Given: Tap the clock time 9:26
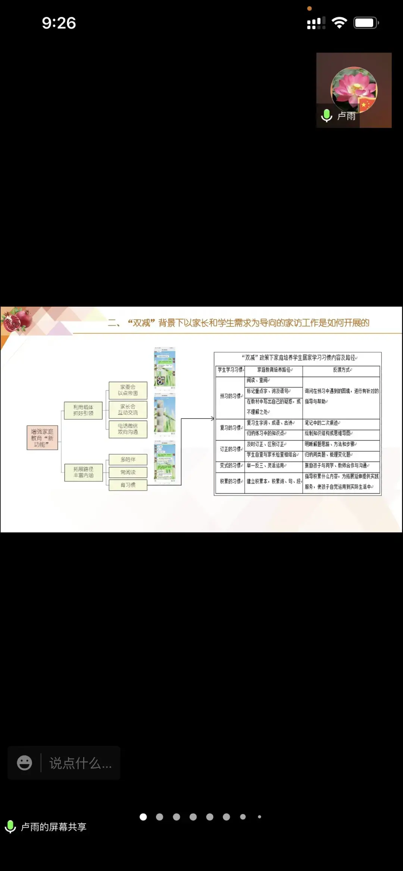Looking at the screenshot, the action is [x=59, y=23].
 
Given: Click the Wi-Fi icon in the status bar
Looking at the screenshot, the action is [x=339, y=23].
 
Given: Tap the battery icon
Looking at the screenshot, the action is [x=366, y=23].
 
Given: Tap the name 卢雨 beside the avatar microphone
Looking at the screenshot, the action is [x=346, y=116].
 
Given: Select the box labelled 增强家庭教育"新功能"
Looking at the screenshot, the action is [x=42, y=438].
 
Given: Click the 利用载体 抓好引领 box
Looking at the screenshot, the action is [x=83, y=410].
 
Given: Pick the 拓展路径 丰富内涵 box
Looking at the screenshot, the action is [x=83, y=472].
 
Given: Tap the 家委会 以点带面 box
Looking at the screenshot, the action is [x=128, y=390].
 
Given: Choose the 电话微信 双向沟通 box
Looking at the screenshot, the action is [x=128, y=429].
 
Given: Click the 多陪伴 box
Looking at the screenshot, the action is [x=128, y=460].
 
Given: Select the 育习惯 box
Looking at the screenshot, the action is [x=128, y=485].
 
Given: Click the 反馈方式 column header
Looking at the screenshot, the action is [x=342, y=370].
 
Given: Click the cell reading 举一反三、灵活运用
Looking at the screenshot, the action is [x=266, y=466].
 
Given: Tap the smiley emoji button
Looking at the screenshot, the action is [x=25, y=763].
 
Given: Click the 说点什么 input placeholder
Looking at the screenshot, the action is [x=80, y=763].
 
